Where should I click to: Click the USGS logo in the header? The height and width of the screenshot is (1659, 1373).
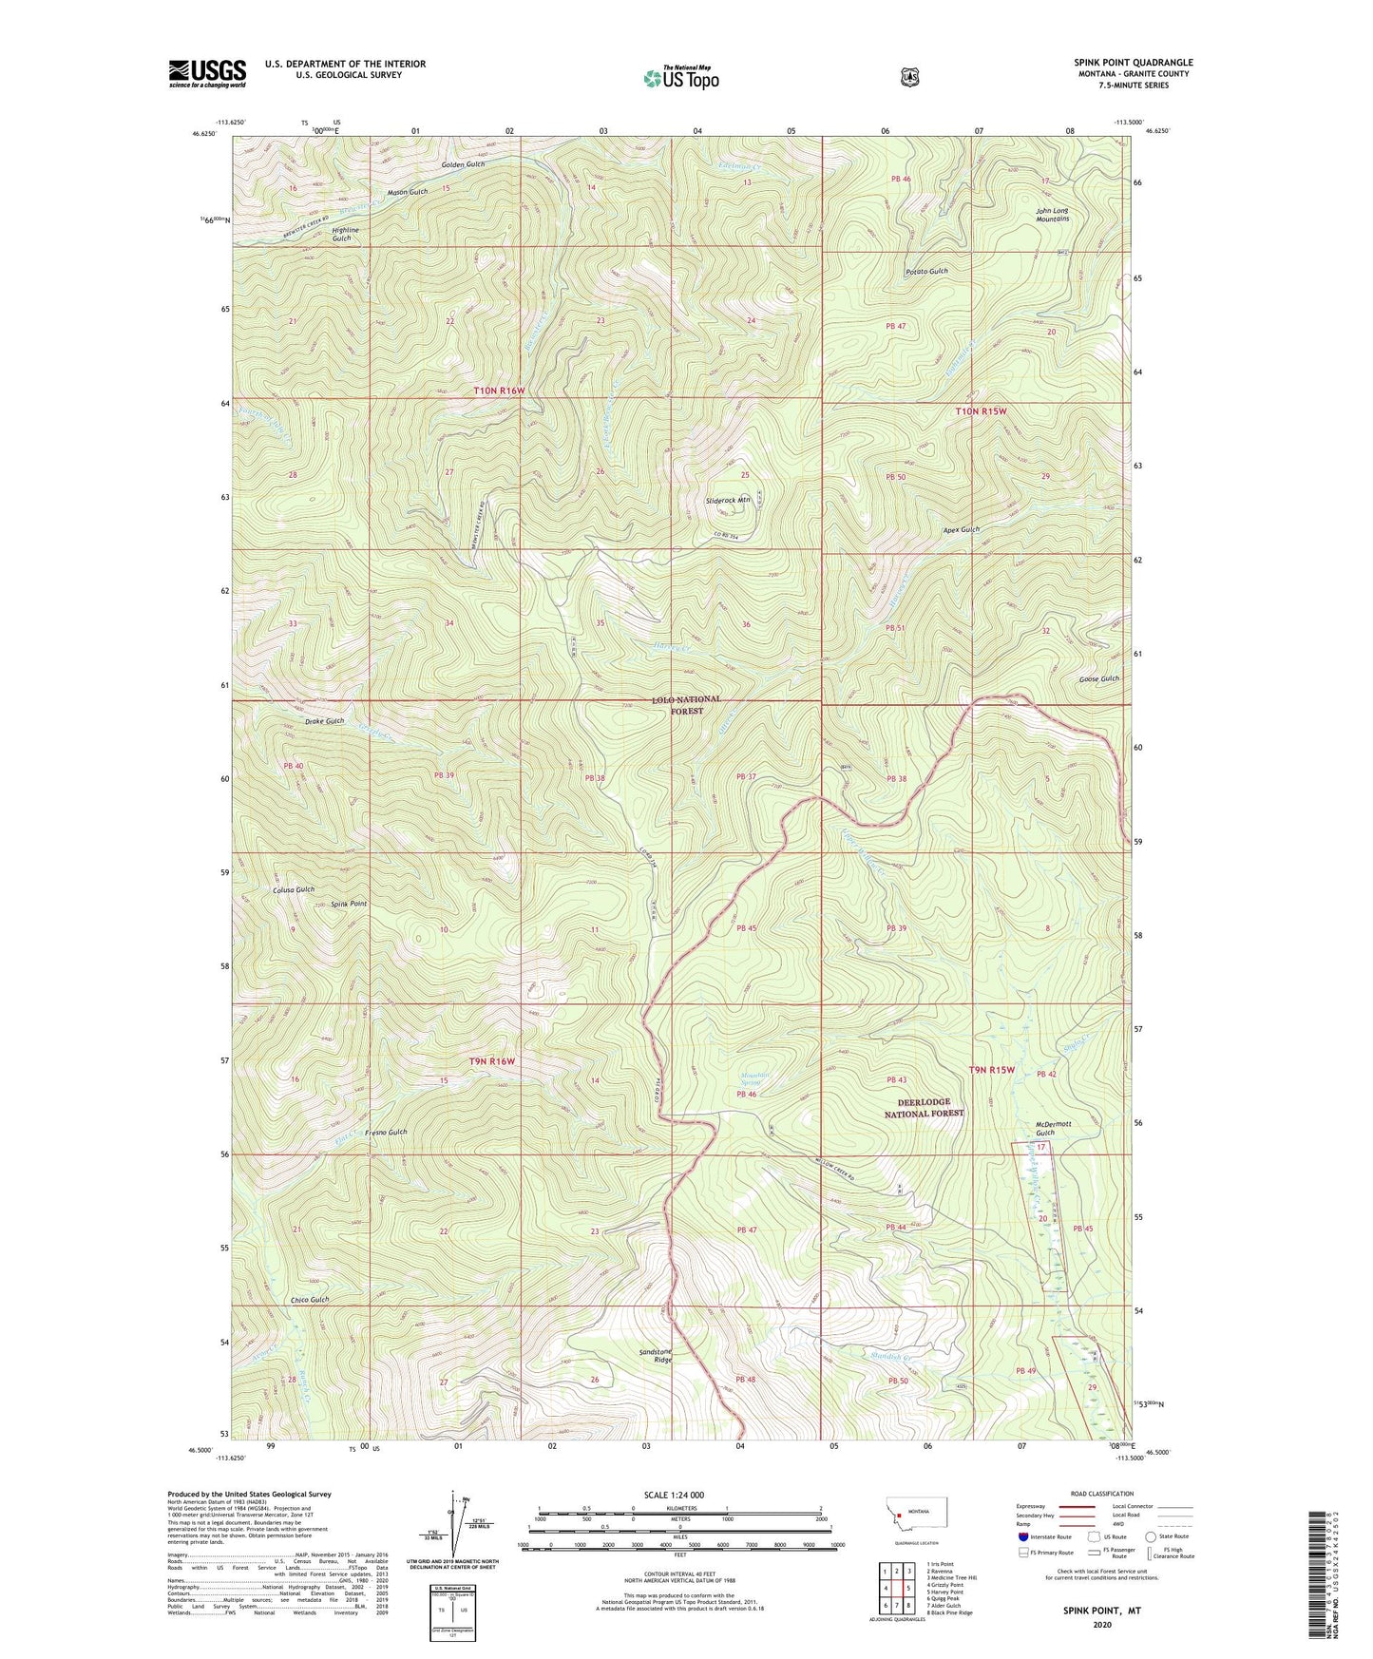[x=207, y=73]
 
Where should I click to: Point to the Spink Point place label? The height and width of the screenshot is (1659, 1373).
[x=349, y=904]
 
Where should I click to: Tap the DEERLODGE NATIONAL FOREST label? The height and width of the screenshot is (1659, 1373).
[x=924, y=1107]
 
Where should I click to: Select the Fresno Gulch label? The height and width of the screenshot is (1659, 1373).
[x=385, y=1132]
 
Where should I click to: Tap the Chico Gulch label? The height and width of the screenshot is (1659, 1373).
[x=310, y=1299]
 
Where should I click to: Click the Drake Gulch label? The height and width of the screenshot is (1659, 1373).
[x=324, y=721]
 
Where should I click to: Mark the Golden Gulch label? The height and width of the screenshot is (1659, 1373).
[x=463, y=164]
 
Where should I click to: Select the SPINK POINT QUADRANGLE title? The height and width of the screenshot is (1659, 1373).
[x=1127, y=63]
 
